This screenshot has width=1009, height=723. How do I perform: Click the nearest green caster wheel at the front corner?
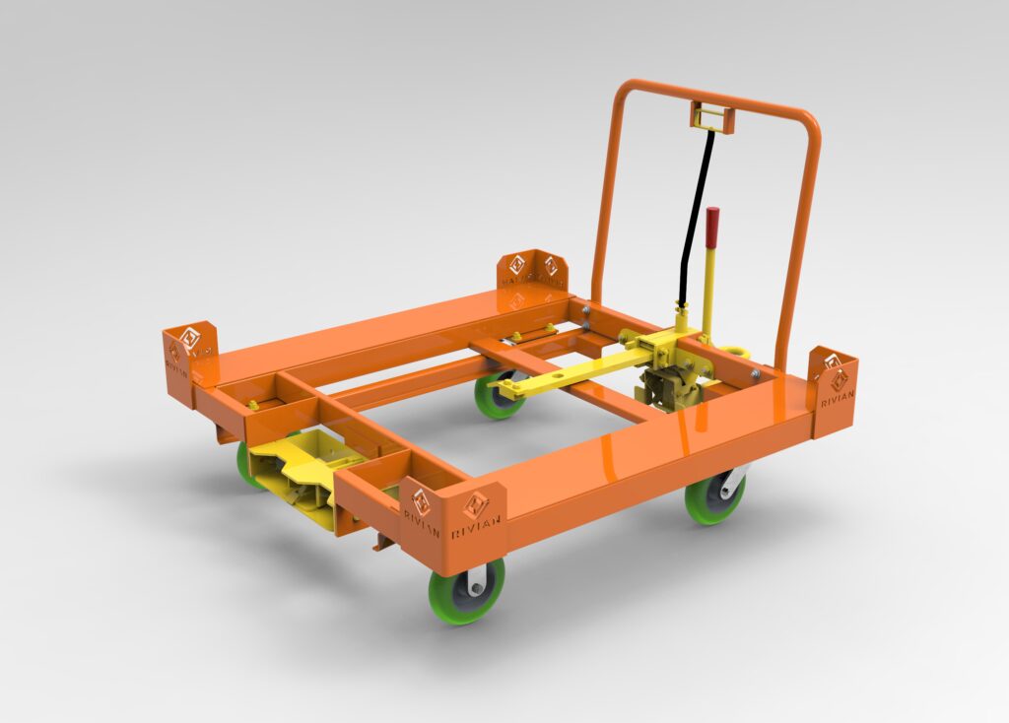pyautogui.click(x=466, y=590)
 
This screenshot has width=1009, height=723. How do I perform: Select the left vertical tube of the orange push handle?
pyautogui.click(x=604, y=197)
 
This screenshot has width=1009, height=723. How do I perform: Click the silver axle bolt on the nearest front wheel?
pyautogui.click(x=477, y=589)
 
